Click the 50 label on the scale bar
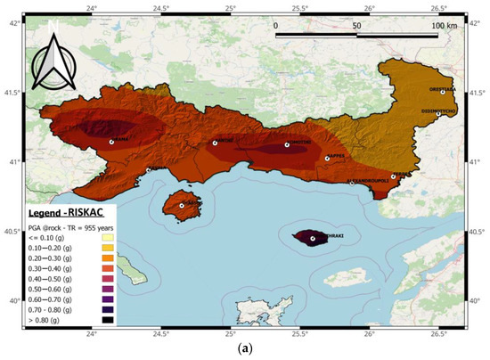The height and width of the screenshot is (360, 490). pos(356,26)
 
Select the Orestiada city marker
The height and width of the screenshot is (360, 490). pos(442,92)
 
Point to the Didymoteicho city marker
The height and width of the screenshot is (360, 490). pos(438,114)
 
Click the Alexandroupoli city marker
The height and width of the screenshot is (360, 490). pos(393,176)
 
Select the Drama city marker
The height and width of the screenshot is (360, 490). pos(111,142)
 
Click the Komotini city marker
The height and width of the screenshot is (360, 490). pos(287,144)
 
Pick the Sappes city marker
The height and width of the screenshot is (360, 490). pos(328,159)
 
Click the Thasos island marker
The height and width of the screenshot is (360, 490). pos(182,206)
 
